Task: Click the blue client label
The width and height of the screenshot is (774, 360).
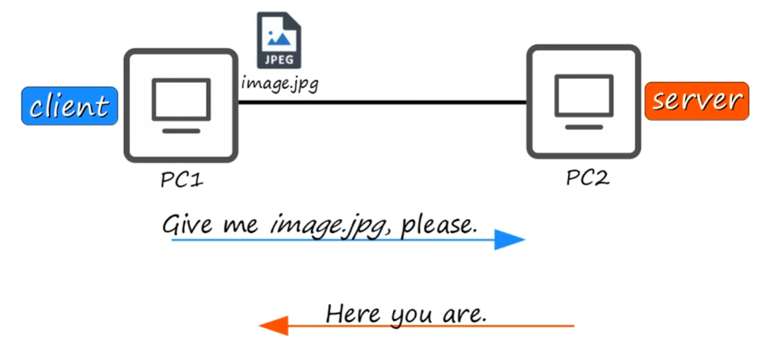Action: tap(69, 106)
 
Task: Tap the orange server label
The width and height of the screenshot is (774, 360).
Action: tap(697, 101)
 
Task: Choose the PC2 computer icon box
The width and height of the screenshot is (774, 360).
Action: tap(583, 101)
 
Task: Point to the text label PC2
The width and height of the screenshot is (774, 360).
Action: tap(588, 178)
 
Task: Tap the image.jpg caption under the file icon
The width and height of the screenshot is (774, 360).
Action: tap(279, 82)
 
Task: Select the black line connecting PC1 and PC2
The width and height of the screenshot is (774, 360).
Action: tap(383, 103)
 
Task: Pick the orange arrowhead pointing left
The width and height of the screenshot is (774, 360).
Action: tap(274, 326)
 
